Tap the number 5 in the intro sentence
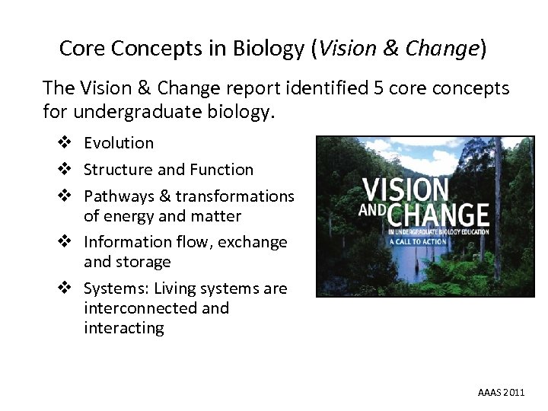click(379, 88)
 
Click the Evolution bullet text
click(119, 143)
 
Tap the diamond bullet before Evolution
click(68, 143)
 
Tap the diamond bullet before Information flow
click(68, 242)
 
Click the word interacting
click(123, 328)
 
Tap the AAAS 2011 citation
click(501, 393)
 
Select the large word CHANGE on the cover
click(435, 214)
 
